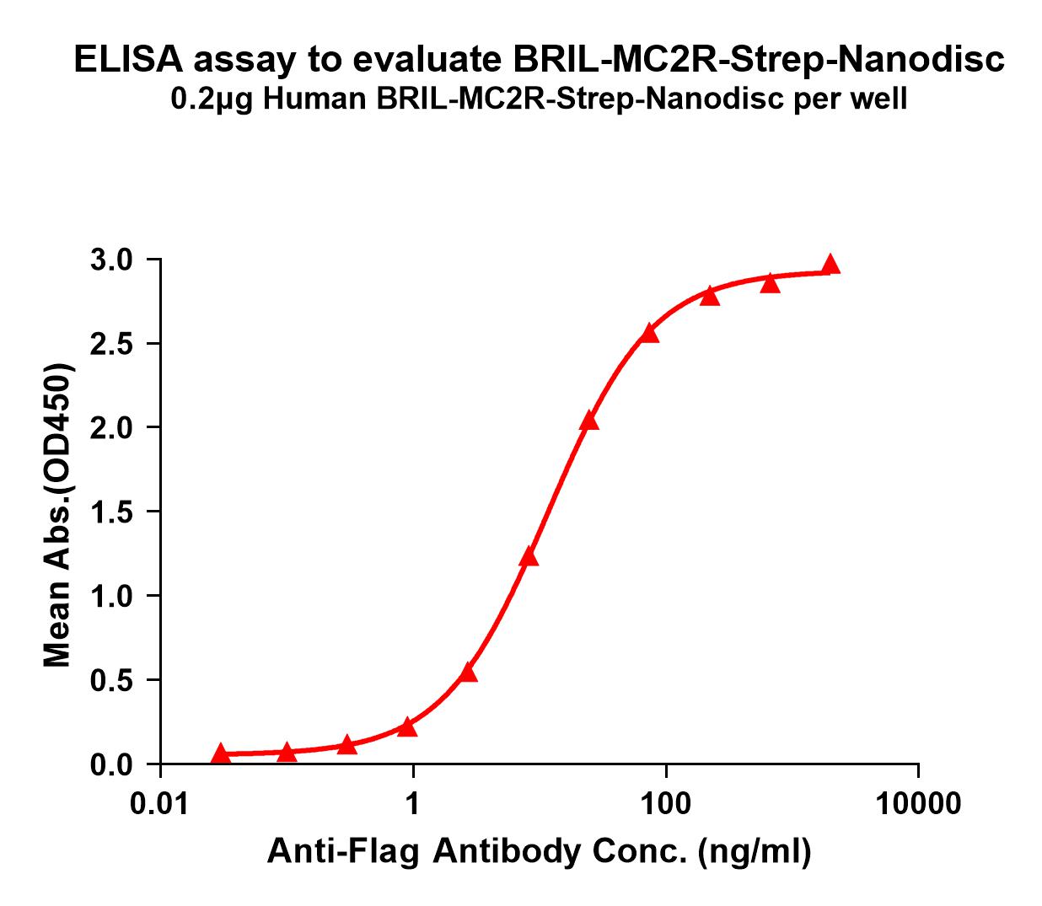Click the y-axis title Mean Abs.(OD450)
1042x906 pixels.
click(58, 516)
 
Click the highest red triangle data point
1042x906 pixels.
click(830, 265)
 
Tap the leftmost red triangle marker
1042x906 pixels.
click(221, 753)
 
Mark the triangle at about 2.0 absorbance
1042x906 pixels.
click(589, 421)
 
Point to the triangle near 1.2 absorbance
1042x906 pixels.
click(529, 556)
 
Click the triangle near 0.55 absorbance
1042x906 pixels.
click(469, 673)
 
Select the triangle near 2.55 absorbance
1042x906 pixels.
click(649, 334)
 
